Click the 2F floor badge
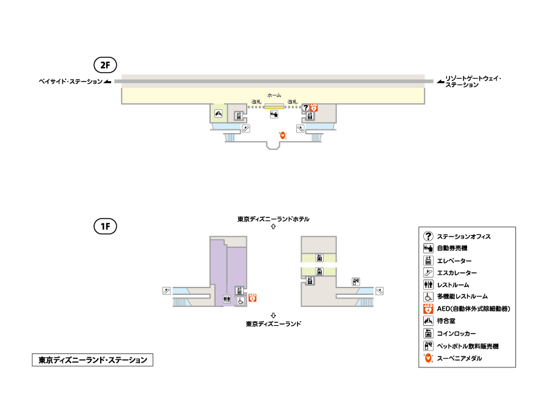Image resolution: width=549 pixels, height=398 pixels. click(x=105, y=65)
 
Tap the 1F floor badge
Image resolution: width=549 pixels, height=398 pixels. click(x=105, y=226)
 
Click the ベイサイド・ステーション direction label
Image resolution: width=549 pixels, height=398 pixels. click(x=70, y=82)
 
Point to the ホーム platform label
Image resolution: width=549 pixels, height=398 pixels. click(x=274, y=95)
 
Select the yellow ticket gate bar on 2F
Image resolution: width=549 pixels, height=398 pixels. click(x=274, y=106)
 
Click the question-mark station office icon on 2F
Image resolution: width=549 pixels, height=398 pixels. click(x=306, y=107)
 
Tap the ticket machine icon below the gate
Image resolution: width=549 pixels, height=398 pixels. click(x=274, y=114)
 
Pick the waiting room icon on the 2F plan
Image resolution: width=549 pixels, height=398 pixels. click(x=219, y=114)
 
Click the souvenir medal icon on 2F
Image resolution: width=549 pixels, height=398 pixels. click(x=283, y=135)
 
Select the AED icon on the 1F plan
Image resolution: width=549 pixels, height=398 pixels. click(x=252, y=297)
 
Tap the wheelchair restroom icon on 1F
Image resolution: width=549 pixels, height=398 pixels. click(x=241, y=301)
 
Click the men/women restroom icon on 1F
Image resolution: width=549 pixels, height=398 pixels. click(x=227, y=299)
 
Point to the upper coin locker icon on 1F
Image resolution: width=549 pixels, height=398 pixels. click(x=319, y=258)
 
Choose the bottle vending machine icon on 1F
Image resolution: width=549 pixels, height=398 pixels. click(x=356, y=281)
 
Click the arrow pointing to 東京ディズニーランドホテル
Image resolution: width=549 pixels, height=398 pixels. click(x=274, y=226)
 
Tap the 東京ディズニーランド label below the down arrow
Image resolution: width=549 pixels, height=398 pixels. click(x=274, y=324)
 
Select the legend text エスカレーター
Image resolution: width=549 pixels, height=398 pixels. click(x=457, y=273)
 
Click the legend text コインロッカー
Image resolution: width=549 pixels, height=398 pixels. click(x=456, y=333)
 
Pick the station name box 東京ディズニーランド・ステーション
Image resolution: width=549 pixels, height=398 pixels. click(x=92, y=360)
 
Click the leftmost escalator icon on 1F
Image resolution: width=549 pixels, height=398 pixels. click(x=167, y=291)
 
